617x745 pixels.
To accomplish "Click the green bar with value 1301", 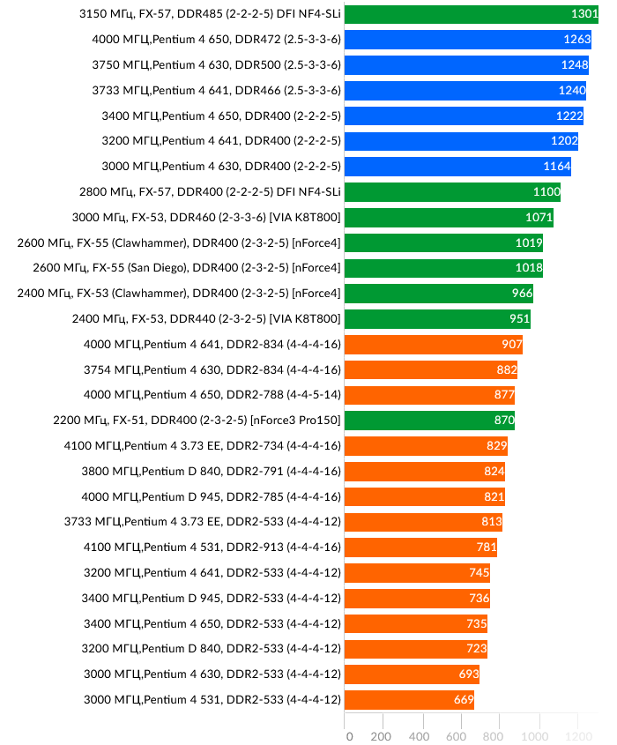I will coord(472,14).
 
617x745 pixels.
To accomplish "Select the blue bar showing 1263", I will coord(467,40).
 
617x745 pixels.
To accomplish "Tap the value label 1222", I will coord(569,116).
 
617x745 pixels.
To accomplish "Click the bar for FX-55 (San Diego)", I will coord(443,268).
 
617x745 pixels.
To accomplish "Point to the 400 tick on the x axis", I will coord(419,736).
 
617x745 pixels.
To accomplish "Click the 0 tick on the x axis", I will coord(349,736).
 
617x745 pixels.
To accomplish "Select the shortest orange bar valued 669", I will coord(409,700).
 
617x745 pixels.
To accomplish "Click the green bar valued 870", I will coord(429,421).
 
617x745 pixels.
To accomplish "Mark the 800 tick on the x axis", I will coord(494,736).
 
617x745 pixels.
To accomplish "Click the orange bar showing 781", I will coord(420,548).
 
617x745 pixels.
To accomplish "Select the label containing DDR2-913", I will coord(212,548).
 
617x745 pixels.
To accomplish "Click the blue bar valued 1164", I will coord(457,167).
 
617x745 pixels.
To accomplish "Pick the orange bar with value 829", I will coord(426,446).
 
